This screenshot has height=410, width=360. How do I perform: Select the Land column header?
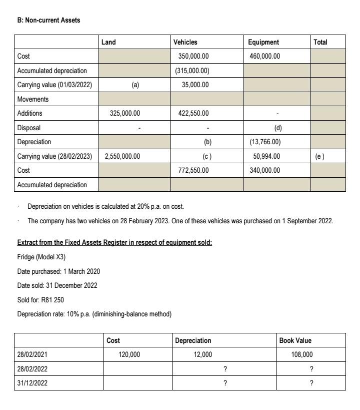click(x=108, y=42)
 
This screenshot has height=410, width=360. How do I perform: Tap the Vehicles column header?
click(x=185, y=42)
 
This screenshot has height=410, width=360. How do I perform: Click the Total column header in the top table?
click(x=320, y=42)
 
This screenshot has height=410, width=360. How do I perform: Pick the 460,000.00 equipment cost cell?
click(x=265, y=56)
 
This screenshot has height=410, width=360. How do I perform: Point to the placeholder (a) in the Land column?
click(x=135, y=85)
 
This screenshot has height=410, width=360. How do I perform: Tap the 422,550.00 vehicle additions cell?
click(x=193, y=113)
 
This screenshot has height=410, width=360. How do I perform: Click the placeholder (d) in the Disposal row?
click(x=277, y=128)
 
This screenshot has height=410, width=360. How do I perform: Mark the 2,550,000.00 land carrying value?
click(x=122, y=156)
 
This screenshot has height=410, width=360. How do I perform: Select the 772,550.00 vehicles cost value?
click(x=193, y=170)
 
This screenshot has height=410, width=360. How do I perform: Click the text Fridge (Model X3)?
click(x=41, y=257)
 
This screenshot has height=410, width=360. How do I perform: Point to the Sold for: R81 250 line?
click(x=40, y=300)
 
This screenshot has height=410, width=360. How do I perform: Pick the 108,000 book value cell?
click(x=301, y=354)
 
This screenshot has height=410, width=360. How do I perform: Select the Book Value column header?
click(x=295, y=340)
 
